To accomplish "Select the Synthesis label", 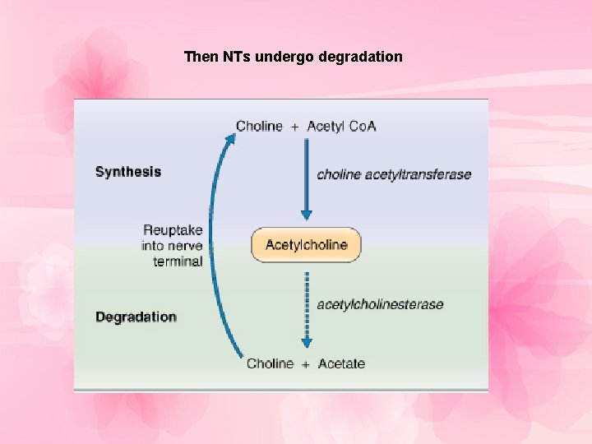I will click(128, 172).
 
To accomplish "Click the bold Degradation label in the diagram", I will click(136, 317).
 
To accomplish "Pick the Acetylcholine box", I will click(306, 244).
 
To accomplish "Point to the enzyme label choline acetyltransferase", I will click(394, 174).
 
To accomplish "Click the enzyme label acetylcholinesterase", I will click(380, 304).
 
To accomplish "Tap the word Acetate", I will click(341, 363).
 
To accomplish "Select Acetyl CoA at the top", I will click(341, 126).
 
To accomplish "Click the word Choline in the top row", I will click(259, 126).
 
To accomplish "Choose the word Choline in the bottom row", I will click(270, 363).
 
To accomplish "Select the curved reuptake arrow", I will click(211, 247).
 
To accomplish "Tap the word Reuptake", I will click(173, 230).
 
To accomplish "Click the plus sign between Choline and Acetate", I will click(305, 364).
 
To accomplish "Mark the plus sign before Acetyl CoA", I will click(294, 127).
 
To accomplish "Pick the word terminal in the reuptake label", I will click(178, 261).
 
